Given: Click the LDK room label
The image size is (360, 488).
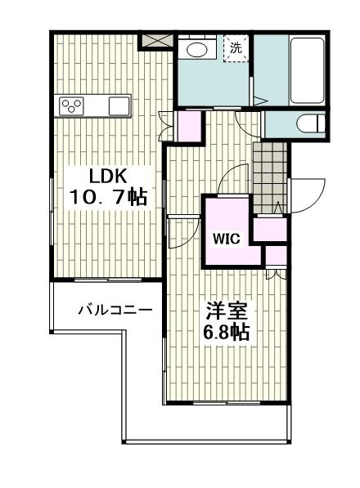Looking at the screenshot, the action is click(108, 176).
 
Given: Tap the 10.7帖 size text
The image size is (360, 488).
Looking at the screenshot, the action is click(108, 196).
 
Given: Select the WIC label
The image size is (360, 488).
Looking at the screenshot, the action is click(227, 239).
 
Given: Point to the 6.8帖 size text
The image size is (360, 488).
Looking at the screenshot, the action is click(226, 332).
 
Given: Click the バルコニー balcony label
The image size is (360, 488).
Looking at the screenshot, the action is click(115, 310).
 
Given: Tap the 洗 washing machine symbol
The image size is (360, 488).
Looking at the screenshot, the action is click(236, 48).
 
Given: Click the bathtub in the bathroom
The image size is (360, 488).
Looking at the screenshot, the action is click(307, 70).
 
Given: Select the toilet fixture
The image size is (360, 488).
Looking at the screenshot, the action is click(310, 123).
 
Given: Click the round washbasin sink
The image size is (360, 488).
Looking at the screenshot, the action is click(197, 49).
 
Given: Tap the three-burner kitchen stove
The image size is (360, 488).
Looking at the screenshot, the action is click(72, 105).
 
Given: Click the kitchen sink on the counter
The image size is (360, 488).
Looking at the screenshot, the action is click(119, 105).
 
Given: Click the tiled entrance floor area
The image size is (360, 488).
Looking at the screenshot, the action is click(270, 178).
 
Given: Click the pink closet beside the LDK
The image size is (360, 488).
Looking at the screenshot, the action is click(188, 125).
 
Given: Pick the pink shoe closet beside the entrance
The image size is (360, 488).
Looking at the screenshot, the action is click(270, 229).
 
